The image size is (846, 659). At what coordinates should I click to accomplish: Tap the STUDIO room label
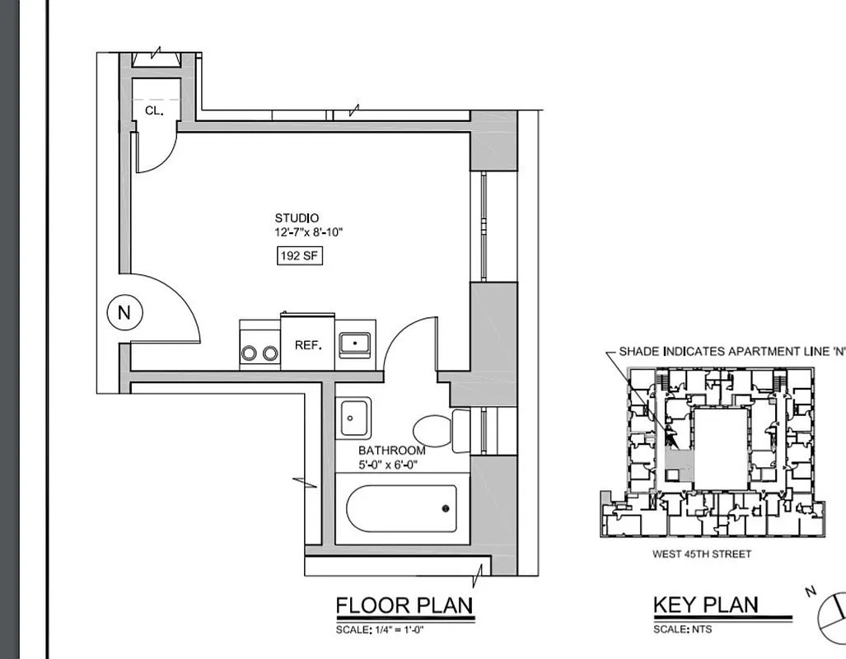tap(297, 218)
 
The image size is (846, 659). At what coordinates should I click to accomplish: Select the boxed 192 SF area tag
tap(299, 256)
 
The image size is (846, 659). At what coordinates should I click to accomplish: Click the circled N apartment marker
tap(124, 313)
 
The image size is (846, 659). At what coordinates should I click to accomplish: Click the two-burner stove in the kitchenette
tap(259, 345)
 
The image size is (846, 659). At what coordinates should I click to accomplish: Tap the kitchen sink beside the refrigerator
tap(355, 344)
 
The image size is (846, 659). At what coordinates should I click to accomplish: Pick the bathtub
tap(401, 508)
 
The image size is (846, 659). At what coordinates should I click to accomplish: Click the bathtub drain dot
tap(446, 508)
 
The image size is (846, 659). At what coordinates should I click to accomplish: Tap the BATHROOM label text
tap(391, 451)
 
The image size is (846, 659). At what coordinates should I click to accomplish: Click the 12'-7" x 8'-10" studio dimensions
tap(308, 232)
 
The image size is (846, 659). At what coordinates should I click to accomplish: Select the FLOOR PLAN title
tap(404, 606)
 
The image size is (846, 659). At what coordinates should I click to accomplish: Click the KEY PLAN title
tap(705, 605)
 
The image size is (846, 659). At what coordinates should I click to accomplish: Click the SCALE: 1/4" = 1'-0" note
tap(380, 630)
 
